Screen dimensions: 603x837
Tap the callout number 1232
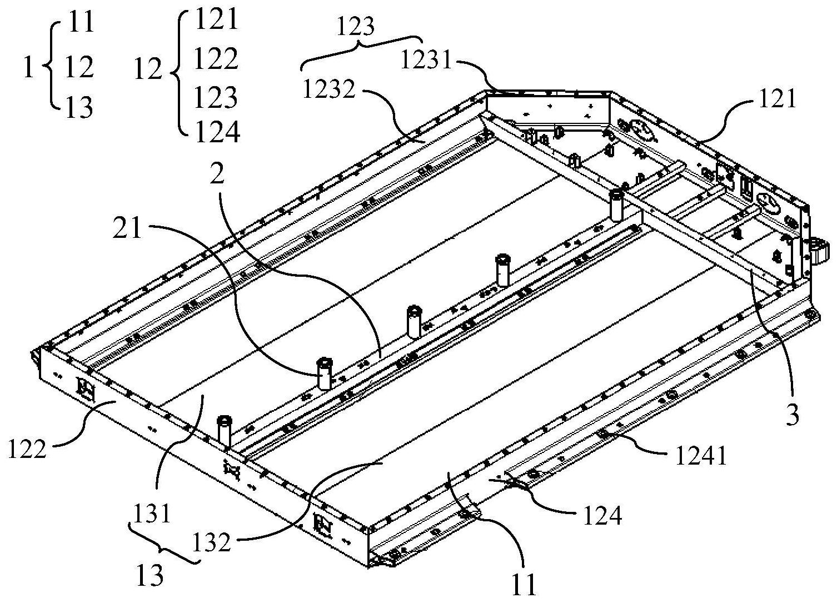(328, 89)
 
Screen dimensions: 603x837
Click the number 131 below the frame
(153, 513)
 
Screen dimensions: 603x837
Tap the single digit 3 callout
(792, 414)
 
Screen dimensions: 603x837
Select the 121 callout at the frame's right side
(775, 99)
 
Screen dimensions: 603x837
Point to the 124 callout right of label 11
(602, 516)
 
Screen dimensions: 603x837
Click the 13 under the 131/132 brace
(150, 575)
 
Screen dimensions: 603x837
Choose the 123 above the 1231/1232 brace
(356, 26)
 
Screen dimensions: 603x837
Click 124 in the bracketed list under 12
(217, 132)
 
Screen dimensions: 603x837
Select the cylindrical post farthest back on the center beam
(616, 204)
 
